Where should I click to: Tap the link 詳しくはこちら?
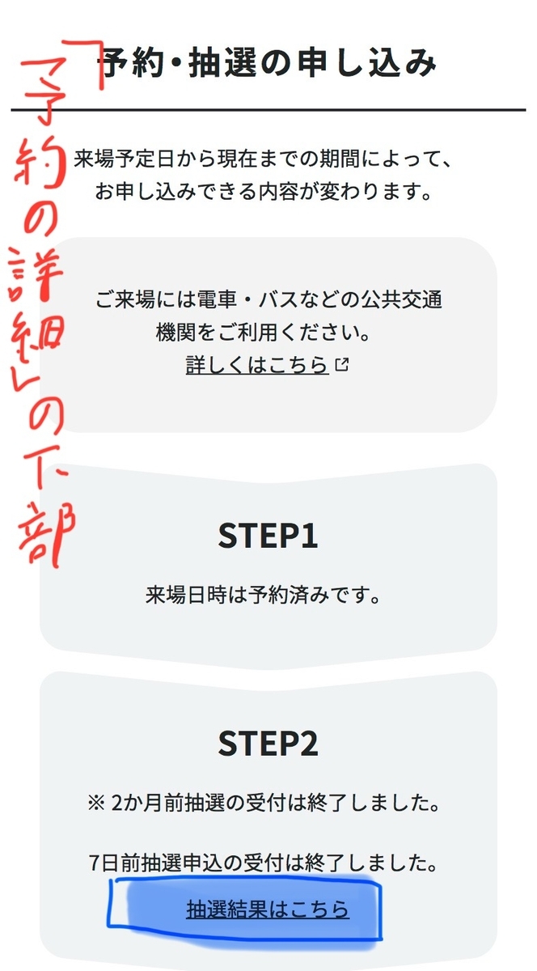pos(257,365)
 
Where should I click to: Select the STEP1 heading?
pos(268,536)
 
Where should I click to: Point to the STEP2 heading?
pos(268,744)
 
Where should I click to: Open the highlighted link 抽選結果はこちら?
pos(268,909)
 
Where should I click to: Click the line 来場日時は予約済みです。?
pos(263,596)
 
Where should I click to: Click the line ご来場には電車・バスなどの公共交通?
pos(268,299)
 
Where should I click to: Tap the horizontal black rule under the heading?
pos(268,109)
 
